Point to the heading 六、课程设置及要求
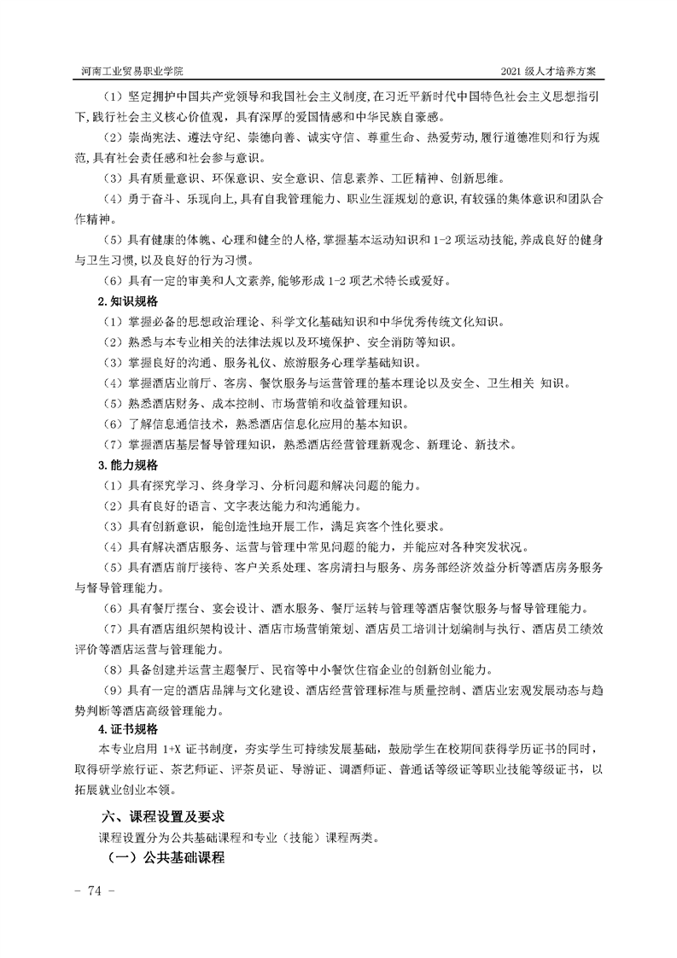[163, 816]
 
